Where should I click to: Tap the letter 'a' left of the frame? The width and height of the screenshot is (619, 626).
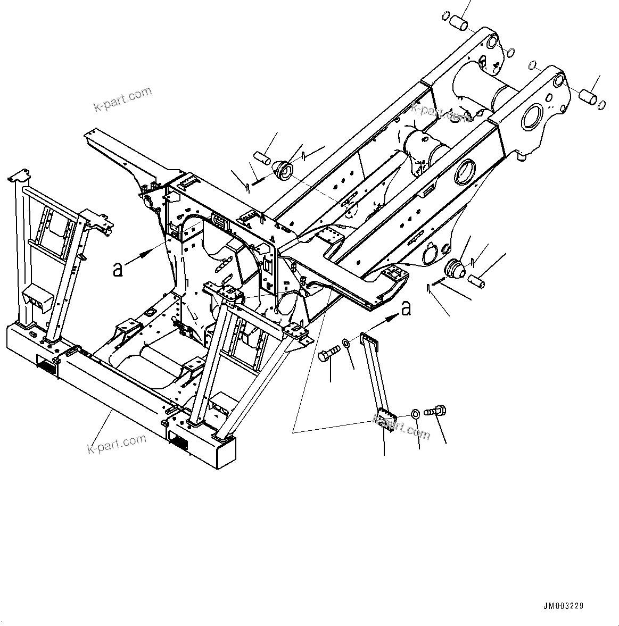click(x=118, y=269)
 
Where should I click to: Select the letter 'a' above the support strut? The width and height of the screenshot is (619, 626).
click(x=406, y=308)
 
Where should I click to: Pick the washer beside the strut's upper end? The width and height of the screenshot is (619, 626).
click(x=346, y=343)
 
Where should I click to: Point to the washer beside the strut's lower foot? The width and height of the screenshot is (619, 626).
click(x=416, y=413)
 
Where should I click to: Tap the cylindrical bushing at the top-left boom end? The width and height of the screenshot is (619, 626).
click(x=458, y=22)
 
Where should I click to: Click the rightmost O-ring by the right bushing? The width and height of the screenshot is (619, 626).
click(x=601, y=105)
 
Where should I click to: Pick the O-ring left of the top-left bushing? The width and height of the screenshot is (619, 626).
click(x=445, y=16)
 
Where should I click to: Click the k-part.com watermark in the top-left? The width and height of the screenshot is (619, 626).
click(x=123, y=99)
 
